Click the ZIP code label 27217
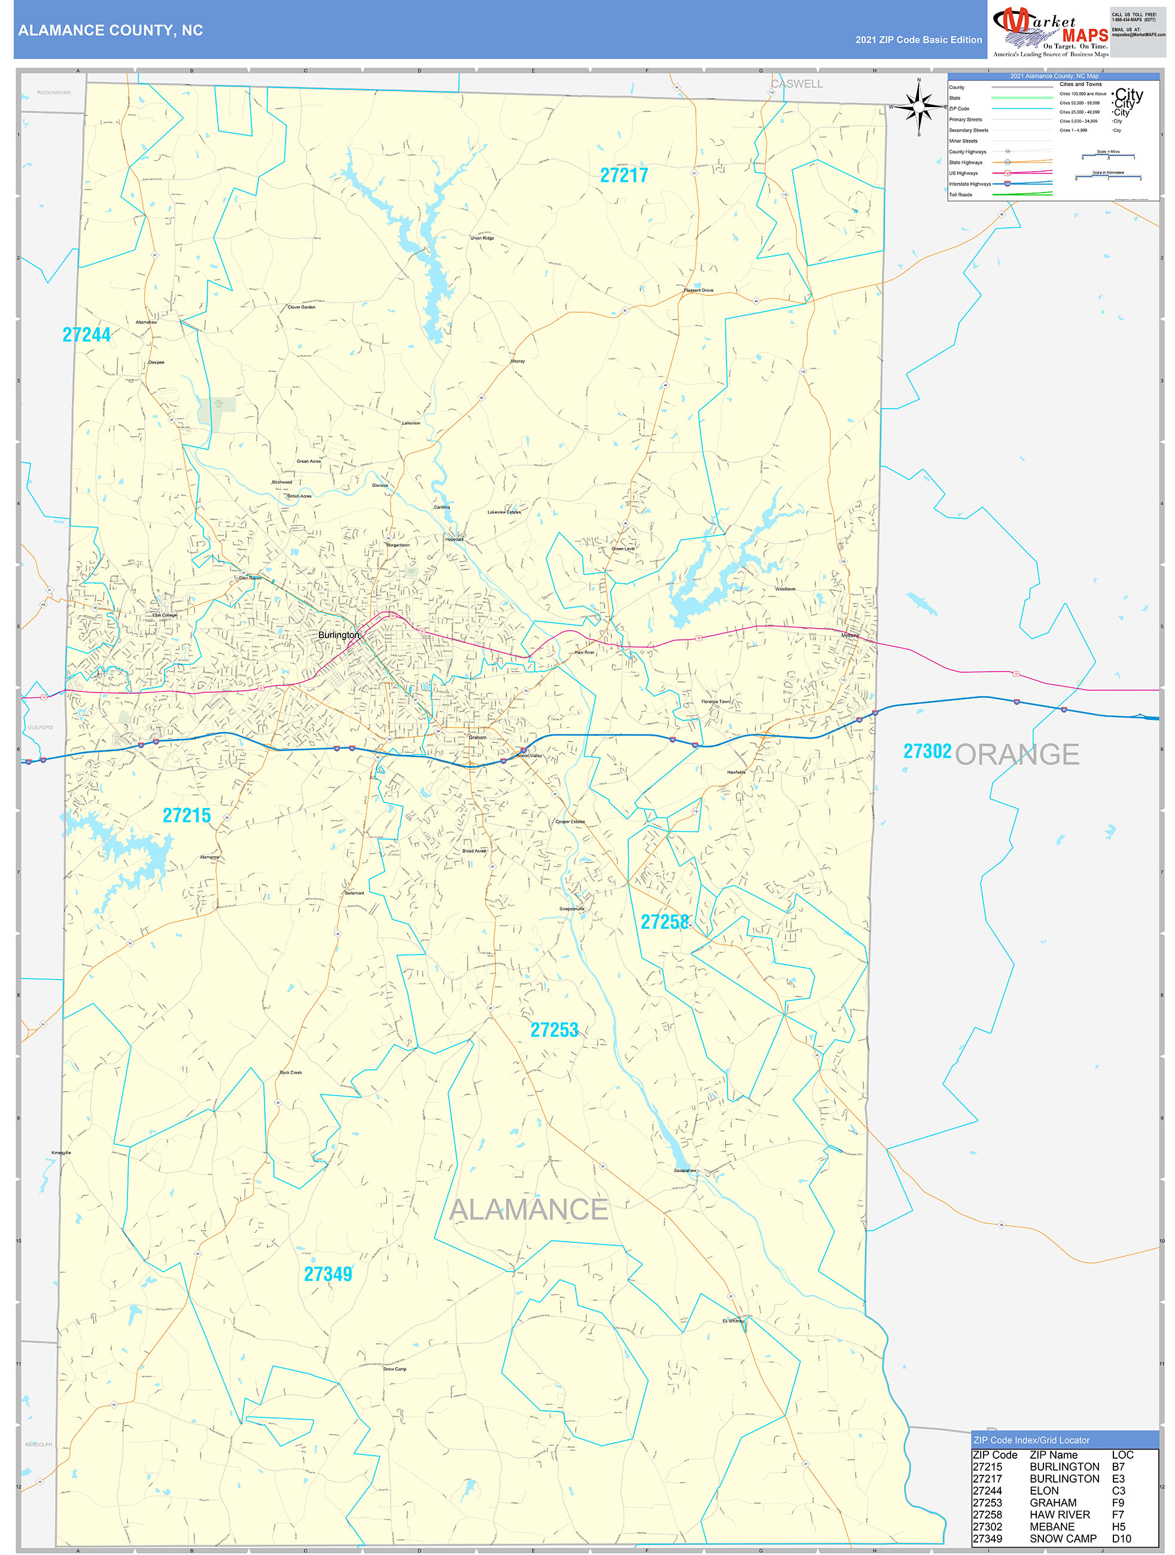(x=624, y=176)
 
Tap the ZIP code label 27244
(x=87, y=336)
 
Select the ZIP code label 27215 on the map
(x=186, y=815)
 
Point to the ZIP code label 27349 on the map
(x=328, y=1274)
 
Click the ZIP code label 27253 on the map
(x=554, y=1030)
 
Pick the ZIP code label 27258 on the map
(x=665, y=922)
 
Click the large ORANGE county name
(x=1017, y=754)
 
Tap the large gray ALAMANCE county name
(x=528, y=1209)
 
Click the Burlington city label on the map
(x=338, y=635)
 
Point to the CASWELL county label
(x=797, y=84)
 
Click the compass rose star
(x=918, y=107)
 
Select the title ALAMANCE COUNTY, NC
(x=111, y=31)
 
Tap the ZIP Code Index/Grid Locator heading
(x=1031, y=1440)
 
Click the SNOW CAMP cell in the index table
(x=1063, y=1538)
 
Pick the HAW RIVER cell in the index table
(x=1060, y=1514)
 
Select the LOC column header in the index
(x=1122, y=1455)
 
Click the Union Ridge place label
(x=482, y=238)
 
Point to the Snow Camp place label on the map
(x=394, y=1369)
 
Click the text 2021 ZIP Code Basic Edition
(x=918, y=40)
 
